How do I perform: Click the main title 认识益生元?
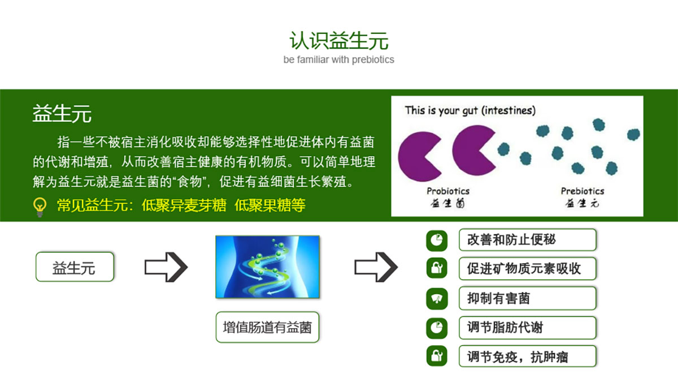[338, 40]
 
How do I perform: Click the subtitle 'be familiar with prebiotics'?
[338, 59]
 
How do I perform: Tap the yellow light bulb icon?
[40, 207]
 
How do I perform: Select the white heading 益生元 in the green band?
[62, 113]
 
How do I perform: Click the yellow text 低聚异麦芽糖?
[184, 205]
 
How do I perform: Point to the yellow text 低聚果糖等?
[270, 205]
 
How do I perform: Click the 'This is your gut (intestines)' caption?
[470, 110]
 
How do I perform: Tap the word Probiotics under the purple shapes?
[448, 191]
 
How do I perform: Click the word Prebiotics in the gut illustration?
[583, 191]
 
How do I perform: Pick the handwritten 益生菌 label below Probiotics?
[447, 203]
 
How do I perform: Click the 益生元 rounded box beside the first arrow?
[75, 267]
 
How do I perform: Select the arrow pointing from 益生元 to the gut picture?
[166, 267]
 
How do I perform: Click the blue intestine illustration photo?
[268, 267]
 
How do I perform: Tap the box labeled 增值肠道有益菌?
[268, 328]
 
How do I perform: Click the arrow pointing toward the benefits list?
[376, 267]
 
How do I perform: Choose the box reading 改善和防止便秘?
[528, 240]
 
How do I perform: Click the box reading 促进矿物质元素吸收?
[528, 269]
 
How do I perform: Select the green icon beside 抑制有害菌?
[437, 299]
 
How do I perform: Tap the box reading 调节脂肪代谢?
[528, 328]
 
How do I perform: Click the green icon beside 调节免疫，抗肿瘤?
[437, 356]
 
